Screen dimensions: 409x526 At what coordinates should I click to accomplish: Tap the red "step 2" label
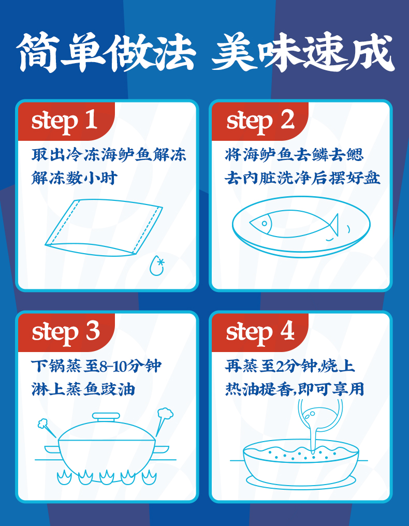coord(260,121)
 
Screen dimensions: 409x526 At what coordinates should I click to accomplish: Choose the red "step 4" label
coord(260,332)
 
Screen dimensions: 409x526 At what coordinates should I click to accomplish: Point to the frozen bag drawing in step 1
coord(104,228)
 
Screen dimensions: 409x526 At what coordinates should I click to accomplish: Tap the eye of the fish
coord(265,224)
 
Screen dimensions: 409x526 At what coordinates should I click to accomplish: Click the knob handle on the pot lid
coord(106,417)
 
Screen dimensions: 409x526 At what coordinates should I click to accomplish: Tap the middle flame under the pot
coord(107,477)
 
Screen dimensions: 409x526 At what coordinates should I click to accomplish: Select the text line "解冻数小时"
coord(75,178)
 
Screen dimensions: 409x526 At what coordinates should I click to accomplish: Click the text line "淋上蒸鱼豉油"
coord(83,389)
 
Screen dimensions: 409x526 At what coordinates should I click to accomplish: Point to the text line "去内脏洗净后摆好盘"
coord(302,178)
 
